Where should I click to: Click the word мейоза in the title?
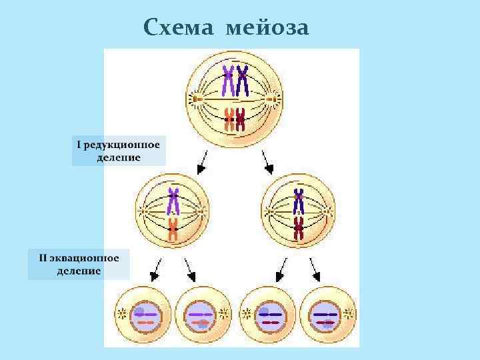(267, 29)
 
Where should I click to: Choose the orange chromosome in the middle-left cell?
(173, 229)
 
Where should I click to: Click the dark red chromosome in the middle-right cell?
(299, 229)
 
